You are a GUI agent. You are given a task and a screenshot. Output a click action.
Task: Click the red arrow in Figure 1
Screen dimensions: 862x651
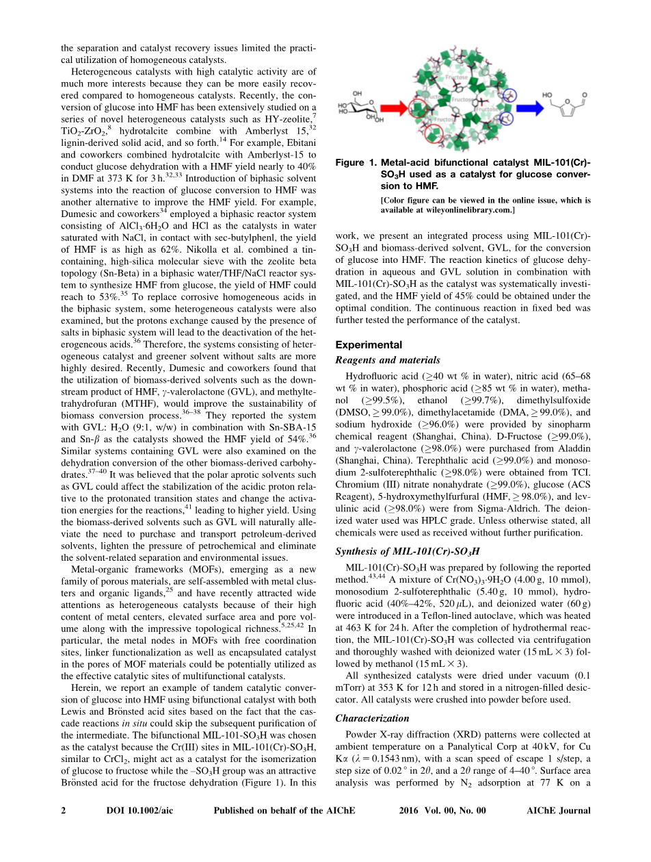pyautogui.click(x=393, y=107)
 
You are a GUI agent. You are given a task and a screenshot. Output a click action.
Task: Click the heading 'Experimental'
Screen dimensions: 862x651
pyautogui.click(x=369, y=345)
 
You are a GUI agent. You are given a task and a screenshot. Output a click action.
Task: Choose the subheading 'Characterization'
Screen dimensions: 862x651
pyautogui.click(x=372, y=718)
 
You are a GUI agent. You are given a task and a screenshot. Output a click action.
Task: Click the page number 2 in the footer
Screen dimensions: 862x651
pyautogui.click(x=64, y=811)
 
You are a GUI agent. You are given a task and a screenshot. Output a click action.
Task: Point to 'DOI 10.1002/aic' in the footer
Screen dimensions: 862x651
pyautogui.click(x=139, y=811)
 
